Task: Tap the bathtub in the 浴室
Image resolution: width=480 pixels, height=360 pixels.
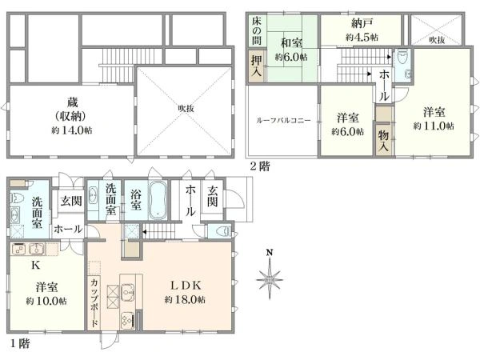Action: (158, 200)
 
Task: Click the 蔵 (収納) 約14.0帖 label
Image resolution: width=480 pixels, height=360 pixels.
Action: (72, 116)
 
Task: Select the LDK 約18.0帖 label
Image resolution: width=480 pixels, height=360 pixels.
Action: (186, 292)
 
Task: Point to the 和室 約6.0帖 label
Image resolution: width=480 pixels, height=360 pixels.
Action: (291, 50)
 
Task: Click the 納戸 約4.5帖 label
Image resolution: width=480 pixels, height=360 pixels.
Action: (362, 30)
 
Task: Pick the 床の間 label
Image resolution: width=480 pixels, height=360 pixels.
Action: (257, 30)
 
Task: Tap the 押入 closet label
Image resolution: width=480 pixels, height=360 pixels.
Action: (257, 66)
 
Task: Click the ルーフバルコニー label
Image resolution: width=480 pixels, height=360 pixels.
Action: (283, 120)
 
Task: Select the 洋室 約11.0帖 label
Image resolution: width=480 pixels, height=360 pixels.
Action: (434, 118)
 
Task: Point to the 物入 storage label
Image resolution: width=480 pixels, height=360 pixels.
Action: (383, 140)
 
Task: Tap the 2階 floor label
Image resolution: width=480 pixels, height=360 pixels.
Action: (260, 166)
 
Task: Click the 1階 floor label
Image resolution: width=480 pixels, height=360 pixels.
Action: (20, 343)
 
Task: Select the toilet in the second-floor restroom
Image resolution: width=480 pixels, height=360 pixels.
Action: (402, 57)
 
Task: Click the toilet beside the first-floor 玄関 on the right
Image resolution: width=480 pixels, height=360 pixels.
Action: (222, 231)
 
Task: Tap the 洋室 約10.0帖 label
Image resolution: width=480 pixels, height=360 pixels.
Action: (46, 294)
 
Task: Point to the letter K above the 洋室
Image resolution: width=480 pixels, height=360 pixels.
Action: (36, 265)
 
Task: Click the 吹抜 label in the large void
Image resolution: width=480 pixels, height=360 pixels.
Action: (186, 108)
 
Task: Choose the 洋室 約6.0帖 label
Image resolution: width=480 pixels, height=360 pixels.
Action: (348, 125)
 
